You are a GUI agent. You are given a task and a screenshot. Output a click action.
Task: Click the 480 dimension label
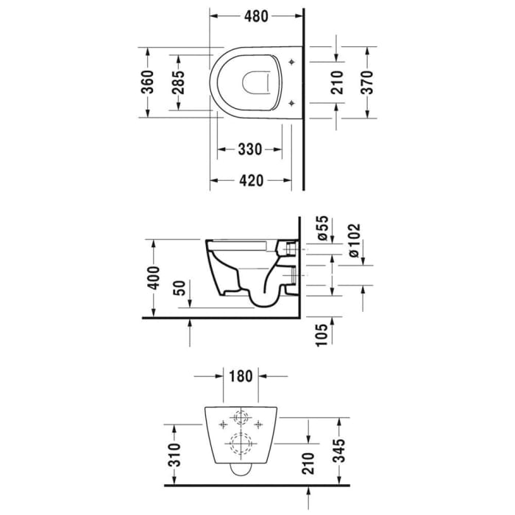click(x=256, y=15)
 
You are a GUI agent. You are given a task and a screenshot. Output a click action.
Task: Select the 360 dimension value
click(x=148, y=82)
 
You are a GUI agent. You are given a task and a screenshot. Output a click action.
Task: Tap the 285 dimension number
click(x=178, y=82)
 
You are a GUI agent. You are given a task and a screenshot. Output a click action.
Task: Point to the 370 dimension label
click(x=367, y=82)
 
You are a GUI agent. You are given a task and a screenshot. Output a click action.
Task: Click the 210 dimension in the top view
click(x=337, y=82)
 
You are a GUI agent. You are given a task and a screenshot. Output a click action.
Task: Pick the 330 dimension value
click(x=250, y=149)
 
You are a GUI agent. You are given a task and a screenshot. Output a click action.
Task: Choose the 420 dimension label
click(x=250, y=180)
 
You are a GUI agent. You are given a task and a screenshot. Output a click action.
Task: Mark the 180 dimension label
click(x=240, y=377)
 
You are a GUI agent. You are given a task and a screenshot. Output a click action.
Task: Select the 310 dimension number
click(x=174, y=457)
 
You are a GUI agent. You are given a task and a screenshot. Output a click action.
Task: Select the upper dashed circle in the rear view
click(x=240, y=418)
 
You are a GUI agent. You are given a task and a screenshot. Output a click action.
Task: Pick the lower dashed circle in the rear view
click(x=240, y=444)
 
